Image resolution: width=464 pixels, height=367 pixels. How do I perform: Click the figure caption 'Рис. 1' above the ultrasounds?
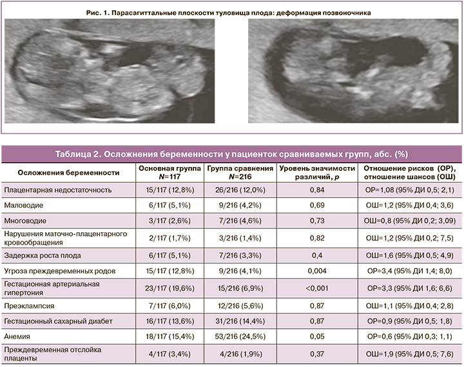pyautogui.click(x=231, y=12)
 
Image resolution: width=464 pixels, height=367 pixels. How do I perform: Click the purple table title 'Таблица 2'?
pyautogui.click(x=231, y=155)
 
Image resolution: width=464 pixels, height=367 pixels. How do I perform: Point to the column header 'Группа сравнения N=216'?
pyautogui.click(x=233, y=172)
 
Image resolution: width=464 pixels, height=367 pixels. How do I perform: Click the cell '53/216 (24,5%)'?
pyautogui.click(x=233, y=336)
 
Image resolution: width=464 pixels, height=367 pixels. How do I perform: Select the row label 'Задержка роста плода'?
pyautogui.click(x=44, y=254)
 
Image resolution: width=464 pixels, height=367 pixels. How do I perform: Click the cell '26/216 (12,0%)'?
pyautogui.click(x=233, y=190)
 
